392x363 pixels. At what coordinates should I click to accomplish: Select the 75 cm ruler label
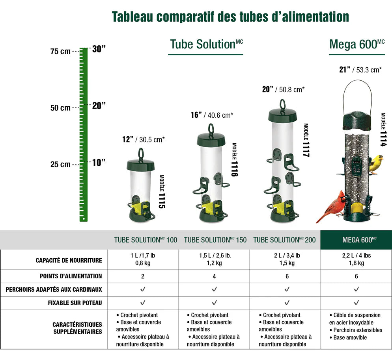tap(60, 51)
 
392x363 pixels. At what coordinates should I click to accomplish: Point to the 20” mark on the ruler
tap(99, 106)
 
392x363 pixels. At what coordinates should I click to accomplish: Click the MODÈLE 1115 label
tap(162, 191)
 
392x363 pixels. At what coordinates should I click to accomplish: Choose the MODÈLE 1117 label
tap(306, 140)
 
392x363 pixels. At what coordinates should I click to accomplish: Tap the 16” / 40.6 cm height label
tap(212, 115)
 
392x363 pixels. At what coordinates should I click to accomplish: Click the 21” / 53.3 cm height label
tap(360, 70)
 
